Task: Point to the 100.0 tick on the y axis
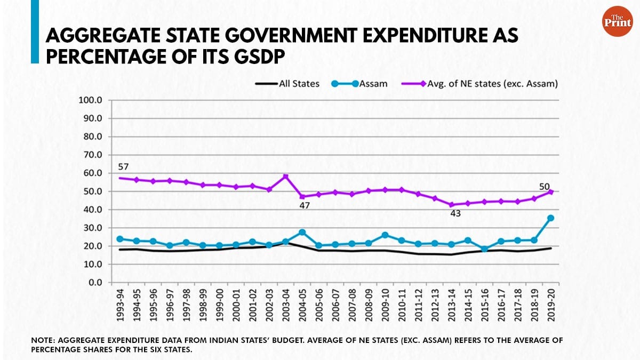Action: coord(92,100)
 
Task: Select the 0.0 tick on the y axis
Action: coord(96,283)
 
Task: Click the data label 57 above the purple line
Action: coord(123,167)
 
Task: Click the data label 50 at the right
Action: coord(544,186)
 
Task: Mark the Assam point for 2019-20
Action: coord(551,218)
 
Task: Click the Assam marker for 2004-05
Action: coord(302,233)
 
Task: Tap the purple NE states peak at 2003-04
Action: coord(286,177)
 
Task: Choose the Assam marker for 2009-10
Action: coord(385,235)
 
